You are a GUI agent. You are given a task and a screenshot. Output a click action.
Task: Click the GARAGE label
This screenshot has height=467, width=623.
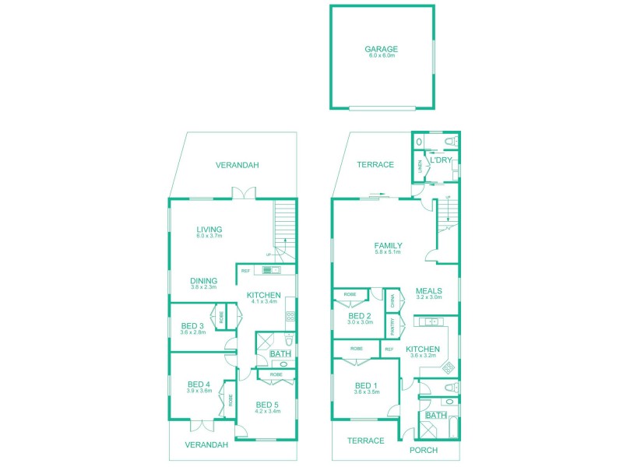(x=381, y=49)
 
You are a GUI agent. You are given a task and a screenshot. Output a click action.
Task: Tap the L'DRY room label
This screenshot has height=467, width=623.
(x=442, y=160)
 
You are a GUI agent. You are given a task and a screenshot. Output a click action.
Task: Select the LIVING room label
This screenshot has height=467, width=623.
(x=209, y=230)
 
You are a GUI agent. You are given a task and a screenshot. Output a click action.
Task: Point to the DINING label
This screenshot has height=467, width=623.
(x=204, y=280)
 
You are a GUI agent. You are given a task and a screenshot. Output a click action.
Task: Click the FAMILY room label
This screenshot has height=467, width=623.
(x=388, y=245)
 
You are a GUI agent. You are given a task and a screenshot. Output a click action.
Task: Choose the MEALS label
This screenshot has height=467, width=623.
(x=429, y=290)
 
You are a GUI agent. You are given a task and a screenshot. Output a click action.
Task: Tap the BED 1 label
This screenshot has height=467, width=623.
(x=366, y=386)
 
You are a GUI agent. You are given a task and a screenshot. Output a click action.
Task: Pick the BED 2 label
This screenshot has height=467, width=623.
(x=360, y=316)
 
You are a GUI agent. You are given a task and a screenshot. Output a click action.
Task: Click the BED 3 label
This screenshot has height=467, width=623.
(x=192, y=325)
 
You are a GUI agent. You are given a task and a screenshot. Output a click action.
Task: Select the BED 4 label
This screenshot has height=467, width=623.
(x=199, y=384)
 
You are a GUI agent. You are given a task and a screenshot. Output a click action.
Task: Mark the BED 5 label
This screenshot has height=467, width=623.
(x=268, y=405)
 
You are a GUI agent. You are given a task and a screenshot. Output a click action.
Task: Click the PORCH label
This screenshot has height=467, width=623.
(x=424, y=451)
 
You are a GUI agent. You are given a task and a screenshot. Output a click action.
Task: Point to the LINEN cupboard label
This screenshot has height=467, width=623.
(x=419, y=166)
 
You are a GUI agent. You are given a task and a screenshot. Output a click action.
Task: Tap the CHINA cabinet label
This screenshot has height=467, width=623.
(x=393, y=300)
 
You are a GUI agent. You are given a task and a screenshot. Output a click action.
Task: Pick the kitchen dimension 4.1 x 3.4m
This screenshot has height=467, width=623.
(x=264, y=303)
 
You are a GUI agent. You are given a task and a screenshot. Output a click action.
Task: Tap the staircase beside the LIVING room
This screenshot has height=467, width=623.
(x=285, y=226)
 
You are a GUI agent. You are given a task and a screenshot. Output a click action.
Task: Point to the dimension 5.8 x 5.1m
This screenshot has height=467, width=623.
(x=388, y=252)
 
